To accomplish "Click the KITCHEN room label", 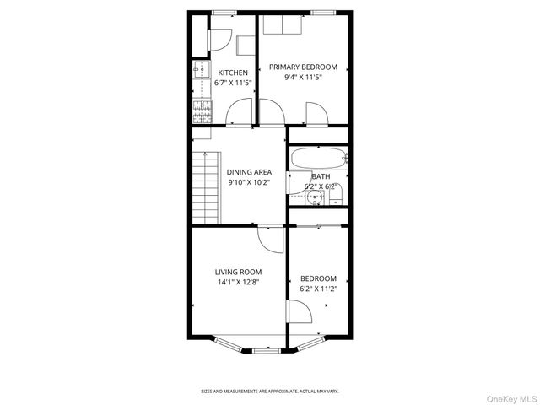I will (232, 73).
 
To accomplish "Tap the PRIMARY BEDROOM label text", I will (303, 67).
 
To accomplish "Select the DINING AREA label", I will (249, 172).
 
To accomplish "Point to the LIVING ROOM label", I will (238, 272).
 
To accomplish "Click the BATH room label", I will (321, 176).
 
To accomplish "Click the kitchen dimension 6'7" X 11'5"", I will (232, 83).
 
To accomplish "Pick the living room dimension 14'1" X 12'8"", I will (238, 282).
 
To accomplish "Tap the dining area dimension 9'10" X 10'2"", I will (249, 182).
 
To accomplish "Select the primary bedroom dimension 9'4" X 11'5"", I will (303, 77).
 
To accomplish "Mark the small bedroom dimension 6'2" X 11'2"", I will (319, 289).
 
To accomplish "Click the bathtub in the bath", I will (318, 158).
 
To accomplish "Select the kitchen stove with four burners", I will (202, 108).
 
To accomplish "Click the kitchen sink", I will (202, 71).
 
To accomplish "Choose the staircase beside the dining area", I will (205, 187).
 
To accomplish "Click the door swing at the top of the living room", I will (271, 237).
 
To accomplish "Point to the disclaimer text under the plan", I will (269, 391).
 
